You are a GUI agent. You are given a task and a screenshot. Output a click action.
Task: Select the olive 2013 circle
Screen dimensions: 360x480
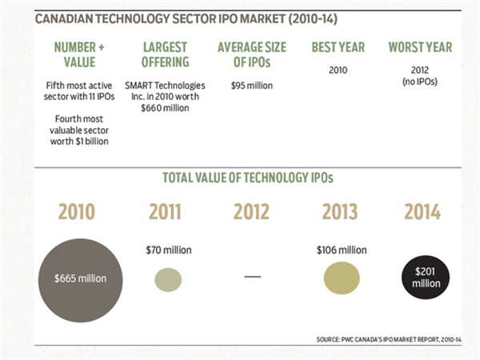tap(343, 278)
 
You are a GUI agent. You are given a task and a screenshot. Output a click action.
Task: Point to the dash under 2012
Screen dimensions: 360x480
tap(253, 277)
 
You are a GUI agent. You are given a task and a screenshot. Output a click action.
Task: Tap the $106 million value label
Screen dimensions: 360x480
tap(342, 250)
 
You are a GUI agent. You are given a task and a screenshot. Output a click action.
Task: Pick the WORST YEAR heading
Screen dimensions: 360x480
tap(421, 48)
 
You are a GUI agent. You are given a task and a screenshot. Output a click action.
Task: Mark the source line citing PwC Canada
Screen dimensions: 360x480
tap(394, 339)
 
